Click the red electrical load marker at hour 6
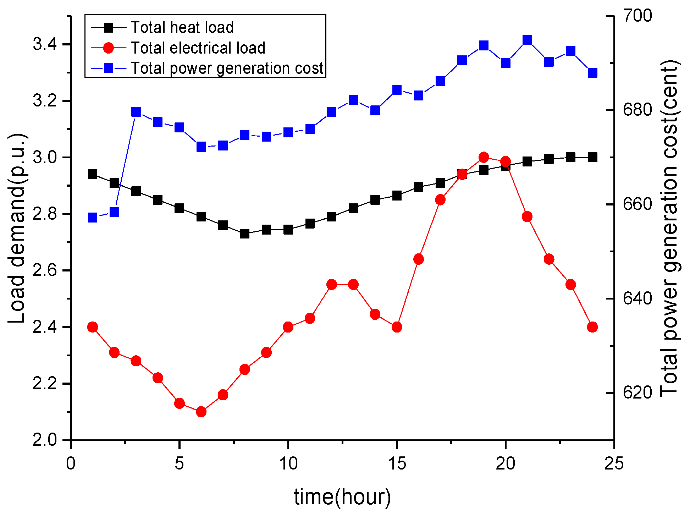(x=201, y=412)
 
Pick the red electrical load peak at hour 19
(x=484, y=157)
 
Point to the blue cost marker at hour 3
(x=136, y=112)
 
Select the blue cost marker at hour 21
(x=527, y=40)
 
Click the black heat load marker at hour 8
(x=244, y=234)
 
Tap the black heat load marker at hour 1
(x=93, y=174)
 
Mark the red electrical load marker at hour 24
(x=592, y=327)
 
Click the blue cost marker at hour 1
(x=93, y=218)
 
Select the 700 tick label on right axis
(x=637, y=16)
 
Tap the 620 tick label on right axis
(x=637, y=393)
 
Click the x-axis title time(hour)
(x=342, y=497)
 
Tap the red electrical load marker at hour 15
(x=397, y=327)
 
